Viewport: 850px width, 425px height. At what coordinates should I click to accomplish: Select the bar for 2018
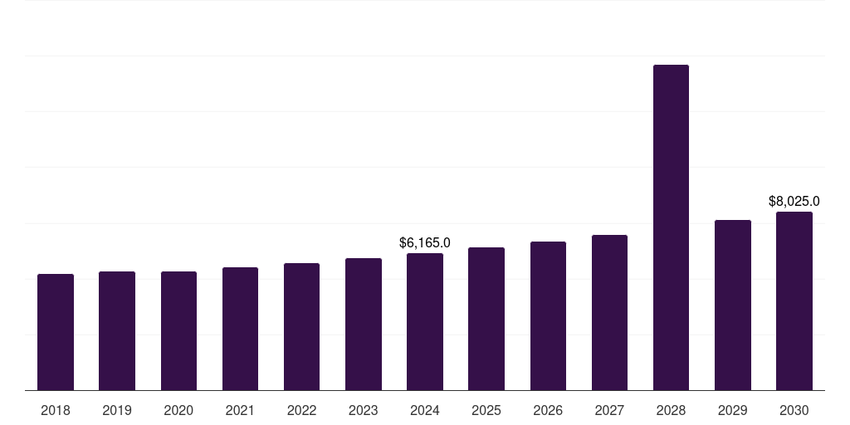pyautogui.click(x=56, y=332)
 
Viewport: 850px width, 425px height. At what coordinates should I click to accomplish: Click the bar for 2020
pyautogui.click(x=178, y=330)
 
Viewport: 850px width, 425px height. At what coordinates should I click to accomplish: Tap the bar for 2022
pyautogui.click(x=301, y=326)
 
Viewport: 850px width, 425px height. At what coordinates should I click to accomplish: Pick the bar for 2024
pyautogui.click(x=425, y=321)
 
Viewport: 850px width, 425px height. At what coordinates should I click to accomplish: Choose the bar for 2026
pyautogui.click(x=548, y=315)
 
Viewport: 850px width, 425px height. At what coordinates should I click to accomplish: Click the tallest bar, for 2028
pyautogui.click(x=671, y=227)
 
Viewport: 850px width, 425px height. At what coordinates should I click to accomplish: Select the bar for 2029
pyautogui.click(x=733, y=305)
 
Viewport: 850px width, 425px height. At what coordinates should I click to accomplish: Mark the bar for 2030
pyautogui.click(x=794, y=300)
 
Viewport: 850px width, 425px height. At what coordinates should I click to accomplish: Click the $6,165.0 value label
pyautogui.click(x=425, y=243)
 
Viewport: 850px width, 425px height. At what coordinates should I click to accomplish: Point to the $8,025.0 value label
pyautogui.click(x=794, y=201)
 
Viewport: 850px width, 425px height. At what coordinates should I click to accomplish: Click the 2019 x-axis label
pyautogui.click(x=117, y=410)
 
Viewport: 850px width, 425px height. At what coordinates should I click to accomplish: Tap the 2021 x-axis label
pyautogui.click(x=240, y=410)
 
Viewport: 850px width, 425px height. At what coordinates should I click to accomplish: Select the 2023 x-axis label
pyautogui.click(x=364, y=410)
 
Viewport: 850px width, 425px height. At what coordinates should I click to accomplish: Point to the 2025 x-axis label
pyautogui.click(x=486, y=410)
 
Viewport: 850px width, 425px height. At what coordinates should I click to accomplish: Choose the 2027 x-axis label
pyautogui.click(x=609, y=410)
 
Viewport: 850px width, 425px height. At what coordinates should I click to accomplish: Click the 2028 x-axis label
pyautogui.click(x=671, y=410)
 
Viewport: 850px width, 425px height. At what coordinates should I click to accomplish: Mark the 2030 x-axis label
pyautogui.click(x=794, y=410)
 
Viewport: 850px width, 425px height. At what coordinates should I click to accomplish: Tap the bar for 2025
pyautogui.click(x=486, y=319)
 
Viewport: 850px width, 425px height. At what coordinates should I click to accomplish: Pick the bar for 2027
pyautogui.click(x=609, y=312)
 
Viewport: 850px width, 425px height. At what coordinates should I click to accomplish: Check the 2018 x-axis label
pyautogui.click(x=56, y=410)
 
